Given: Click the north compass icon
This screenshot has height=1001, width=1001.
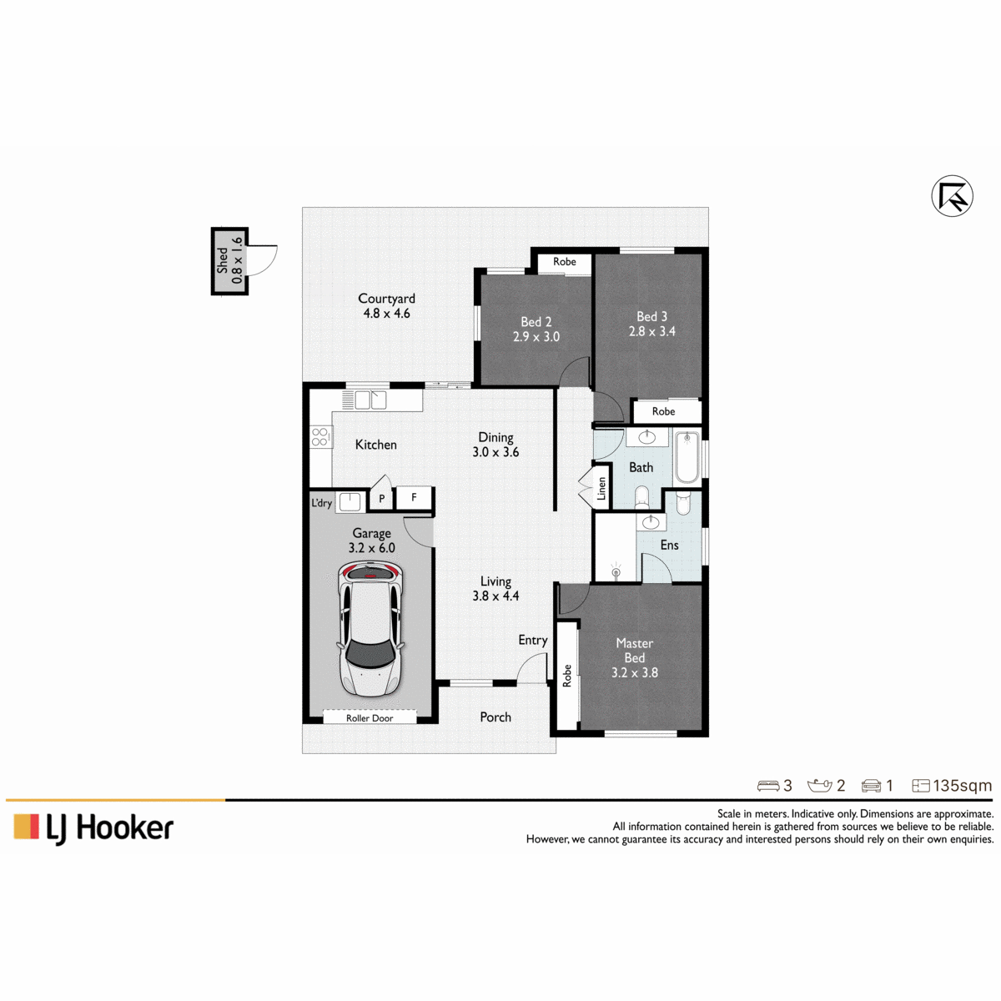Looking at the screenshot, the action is (952, 196).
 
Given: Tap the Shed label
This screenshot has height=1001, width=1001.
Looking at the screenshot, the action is (223, 260).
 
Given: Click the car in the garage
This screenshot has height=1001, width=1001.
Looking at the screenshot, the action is (371, 629).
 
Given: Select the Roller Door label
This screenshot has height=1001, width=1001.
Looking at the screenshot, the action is (370, 718).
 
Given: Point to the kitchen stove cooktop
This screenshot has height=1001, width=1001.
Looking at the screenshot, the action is (319, 436).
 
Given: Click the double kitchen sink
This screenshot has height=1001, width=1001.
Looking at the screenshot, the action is (370, 400).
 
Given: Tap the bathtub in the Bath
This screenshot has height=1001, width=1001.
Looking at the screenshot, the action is (687, 456).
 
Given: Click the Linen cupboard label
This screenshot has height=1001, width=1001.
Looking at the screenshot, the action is (601, 488).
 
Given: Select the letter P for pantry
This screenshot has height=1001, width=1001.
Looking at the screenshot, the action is (382, 499).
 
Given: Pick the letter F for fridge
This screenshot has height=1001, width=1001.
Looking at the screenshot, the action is (414, 497).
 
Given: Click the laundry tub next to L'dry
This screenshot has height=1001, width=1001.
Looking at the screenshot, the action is (350, 502).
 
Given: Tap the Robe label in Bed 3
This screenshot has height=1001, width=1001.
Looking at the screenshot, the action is (663, 411).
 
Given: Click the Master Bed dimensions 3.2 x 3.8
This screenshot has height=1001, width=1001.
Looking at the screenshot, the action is (634, 672).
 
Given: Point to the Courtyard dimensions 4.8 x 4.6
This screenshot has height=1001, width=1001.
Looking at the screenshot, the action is (386, 314).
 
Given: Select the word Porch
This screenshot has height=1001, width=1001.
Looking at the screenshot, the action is (495, 717).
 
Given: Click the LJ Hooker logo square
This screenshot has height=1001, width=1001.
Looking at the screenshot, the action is (26, 827).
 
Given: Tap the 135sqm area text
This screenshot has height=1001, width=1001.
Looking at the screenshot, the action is (962, 786).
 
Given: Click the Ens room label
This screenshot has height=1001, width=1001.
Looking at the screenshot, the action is (669, 545).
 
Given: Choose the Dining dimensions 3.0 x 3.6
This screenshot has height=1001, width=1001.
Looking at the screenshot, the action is (495, 452).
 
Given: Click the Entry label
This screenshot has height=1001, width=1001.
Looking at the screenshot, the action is (533, 641).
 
